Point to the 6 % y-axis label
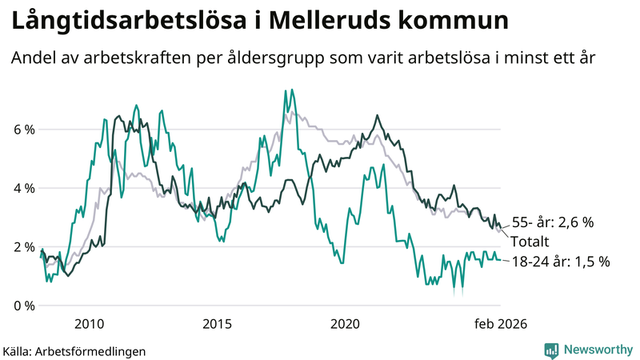pos(23,130)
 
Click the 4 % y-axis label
pos(23,188)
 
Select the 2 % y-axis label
pos(23,246)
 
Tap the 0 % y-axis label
pos(23,305)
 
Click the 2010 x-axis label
pos(89,324)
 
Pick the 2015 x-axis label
pos(217,324)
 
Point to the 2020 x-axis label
pos(345,324)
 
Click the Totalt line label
pos(530,241)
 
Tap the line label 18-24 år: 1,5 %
pos(560,261)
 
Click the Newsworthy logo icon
pos(551,350)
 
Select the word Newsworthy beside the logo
pos(597,350)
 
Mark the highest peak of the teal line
pos(286,90)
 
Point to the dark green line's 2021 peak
pos(377,116)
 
